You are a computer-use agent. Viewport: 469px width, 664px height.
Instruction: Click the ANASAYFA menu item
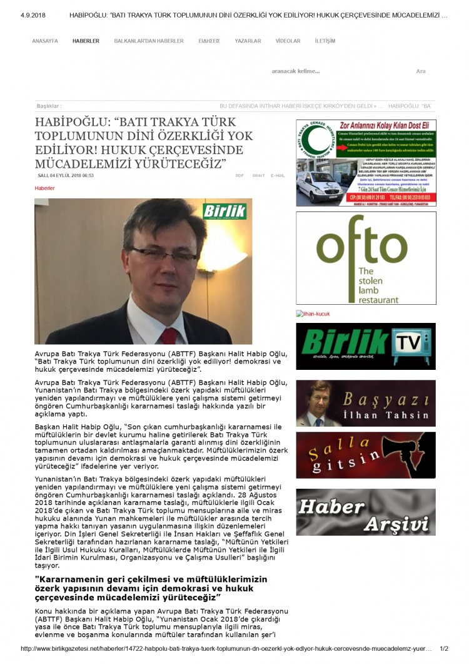coord(45,41)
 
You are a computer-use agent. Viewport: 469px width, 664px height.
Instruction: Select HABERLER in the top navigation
coord(86,41)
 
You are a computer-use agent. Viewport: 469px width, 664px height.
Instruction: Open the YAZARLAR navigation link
coord(248,41)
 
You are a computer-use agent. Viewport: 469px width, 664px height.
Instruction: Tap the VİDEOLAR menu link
coord(288,41)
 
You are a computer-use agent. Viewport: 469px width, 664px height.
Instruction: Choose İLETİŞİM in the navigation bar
coord(325,41)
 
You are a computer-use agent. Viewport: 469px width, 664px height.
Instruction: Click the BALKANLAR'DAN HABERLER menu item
coord(149,41)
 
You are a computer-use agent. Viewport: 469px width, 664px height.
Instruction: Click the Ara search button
coord(421,71)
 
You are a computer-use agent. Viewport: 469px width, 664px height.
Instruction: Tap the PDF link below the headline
coord(240,176)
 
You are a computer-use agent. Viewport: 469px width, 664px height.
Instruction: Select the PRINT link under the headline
coord(258,176)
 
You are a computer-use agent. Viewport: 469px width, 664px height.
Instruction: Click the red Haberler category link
coord(44,188)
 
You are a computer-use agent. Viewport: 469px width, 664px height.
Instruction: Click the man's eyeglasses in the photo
coord(164,254)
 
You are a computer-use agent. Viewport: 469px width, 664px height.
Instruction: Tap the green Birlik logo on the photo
coord(224,212)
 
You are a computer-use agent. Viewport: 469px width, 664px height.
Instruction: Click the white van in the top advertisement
coord(319,185)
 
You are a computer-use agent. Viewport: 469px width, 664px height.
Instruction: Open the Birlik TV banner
coord(366,346)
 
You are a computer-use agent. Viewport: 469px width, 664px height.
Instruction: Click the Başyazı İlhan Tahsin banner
coord(366,404)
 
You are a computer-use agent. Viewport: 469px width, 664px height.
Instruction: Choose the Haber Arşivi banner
coord(366,512)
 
